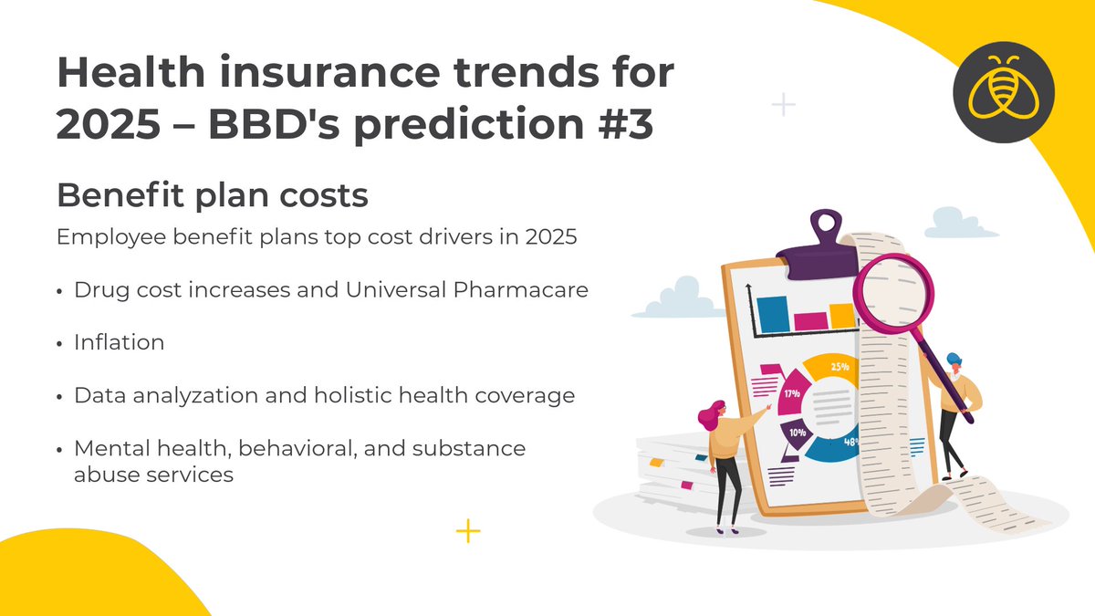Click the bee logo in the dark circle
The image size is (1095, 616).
point(1003,93)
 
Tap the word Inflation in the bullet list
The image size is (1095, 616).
point(120,343)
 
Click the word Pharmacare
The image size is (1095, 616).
point(530,291)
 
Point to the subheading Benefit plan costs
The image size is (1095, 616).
point(213,195)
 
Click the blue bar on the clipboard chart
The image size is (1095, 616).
point(772,313)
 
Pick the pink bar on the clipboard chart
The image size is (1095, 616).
point(809,320)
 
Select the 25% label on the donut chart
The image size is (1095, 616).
point(839,367)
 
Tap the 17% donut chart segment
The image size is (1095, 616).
point(792,396)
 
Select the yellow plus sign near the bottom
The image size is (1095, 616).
point(467,530)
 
